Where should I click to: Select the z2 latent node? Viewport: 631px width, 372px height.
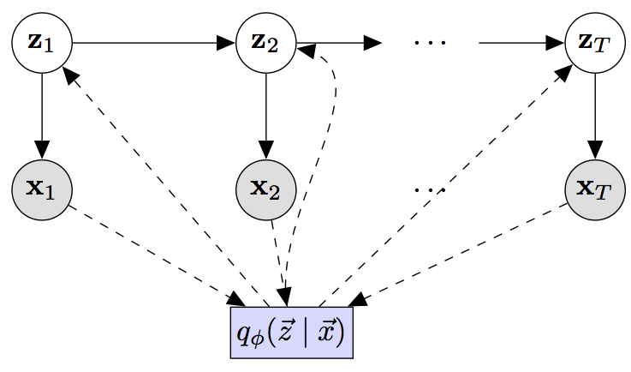[266, 42]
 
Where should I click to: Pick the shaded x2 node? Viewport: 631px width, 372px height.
[266, 188]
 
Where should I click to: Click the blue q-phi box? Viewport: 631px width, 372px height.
[292, 330]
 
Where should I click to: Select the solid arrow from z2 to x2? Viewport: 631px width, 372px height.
[266, 114]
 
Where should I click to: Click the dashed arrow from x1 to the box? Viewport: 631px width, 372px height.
[154, 255]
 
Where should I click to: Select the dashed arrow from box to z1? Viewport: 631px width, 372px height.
[163, 184]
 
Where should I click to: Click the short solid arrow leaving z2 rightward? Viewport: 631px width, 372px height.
[338, 42]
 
